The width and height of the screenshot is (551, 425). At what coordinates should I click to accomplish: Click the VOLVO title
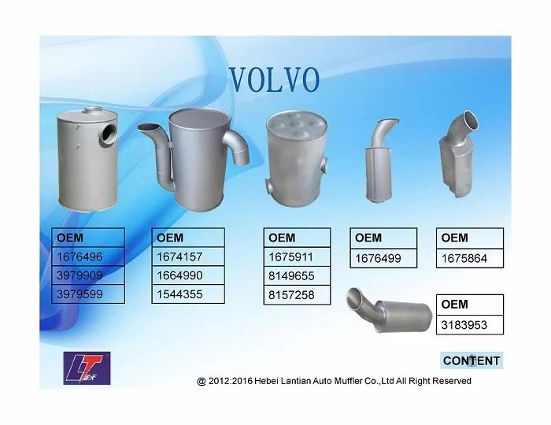274,79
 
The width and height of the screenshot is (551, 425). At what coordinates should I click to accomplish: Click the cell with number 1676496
87,257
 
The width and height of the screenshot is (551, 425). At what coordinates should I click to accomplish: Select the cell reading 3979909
87,275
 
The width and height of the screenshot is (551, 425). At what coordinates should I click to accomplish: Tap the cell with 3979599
87,294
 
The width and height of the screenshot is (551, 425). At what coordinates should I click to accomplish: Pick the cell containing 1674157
187,257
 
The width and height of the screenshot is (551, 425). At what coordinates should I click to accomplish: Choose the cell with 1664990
187,275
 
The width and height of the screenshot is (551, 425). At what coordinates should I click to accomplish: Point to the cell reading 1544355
187,294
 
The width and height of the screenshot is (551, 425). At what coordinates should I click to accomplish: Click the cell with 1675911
296,257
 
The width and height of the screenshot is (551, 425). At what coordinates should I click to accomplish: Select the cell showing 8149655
296,275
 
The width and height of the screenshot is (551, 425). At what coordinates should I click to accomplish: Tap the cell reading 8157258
296,294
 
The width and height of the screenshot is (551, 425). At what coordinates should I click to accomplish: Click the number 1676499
383,257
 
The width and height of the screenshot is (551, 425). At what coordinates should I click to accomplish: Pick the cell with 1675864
470,257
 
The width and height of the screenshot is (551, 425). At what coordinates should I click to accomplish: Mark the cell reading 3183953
470,323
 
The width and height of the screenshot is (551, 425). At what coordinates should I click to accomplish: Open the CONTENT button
471,360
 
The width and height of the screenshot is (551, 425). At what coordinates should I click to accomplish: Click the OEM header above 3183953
470,305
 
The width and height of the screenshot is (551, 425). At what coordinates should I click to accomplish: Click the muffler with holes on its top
296,157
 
